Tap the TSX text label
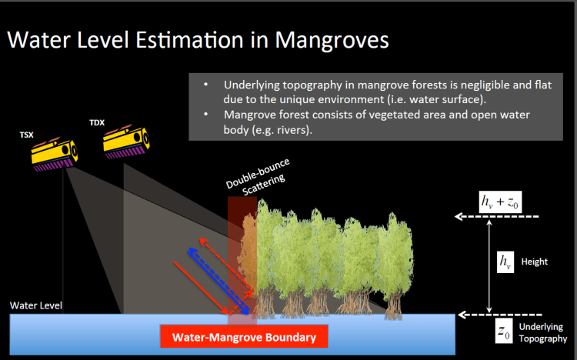click(26, 135)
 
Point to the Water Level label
click(35, 305)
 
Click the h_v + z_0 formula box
click(502, 202)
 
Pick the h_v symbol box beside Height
click(505, 262)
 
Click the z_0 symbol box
click(503, 332)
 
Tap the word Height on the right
click(535, 262)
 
